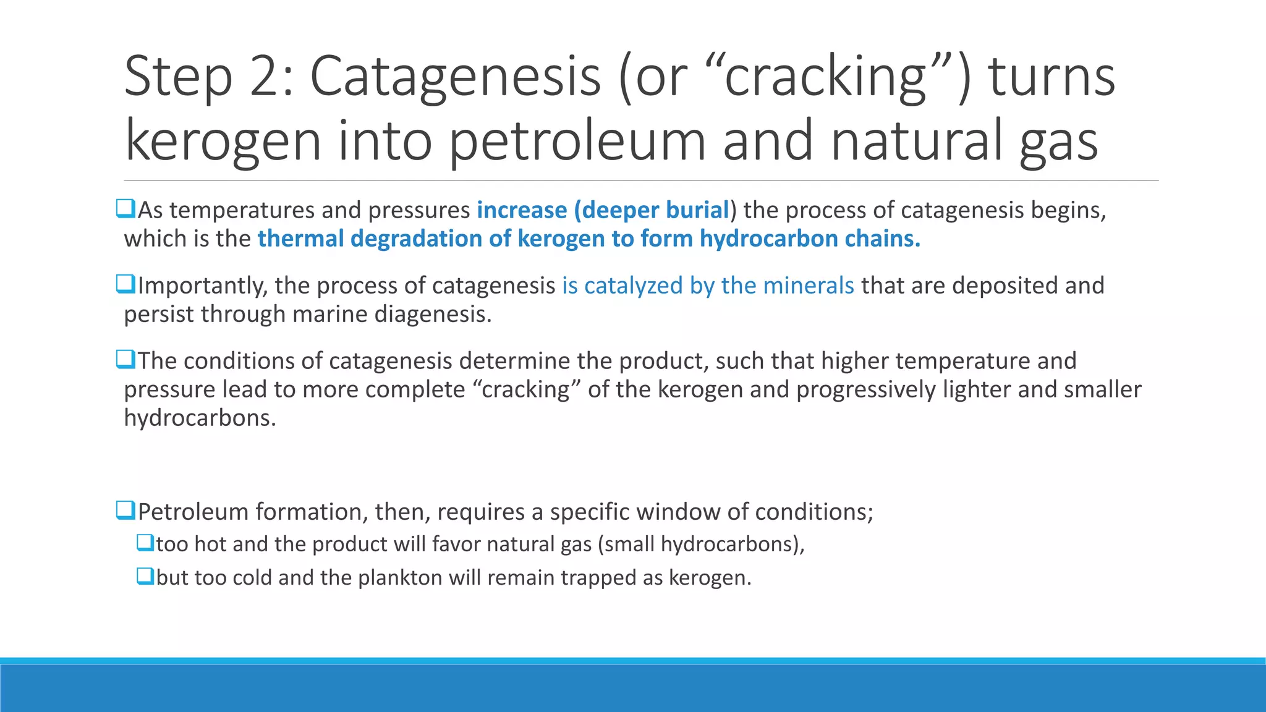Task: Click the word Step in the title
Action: click(x=178, y=77)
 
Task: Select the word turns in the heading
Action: click(x=1051, y=77)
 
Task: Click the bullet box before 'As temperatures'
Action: click(x=125, y=208)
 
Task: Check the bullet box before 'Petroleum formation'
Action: click(x=125, y=510)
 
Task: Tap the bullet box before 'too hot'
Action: click(x=145, y=543)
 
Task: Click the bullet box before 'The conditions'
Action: click(x=125, y=359)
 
